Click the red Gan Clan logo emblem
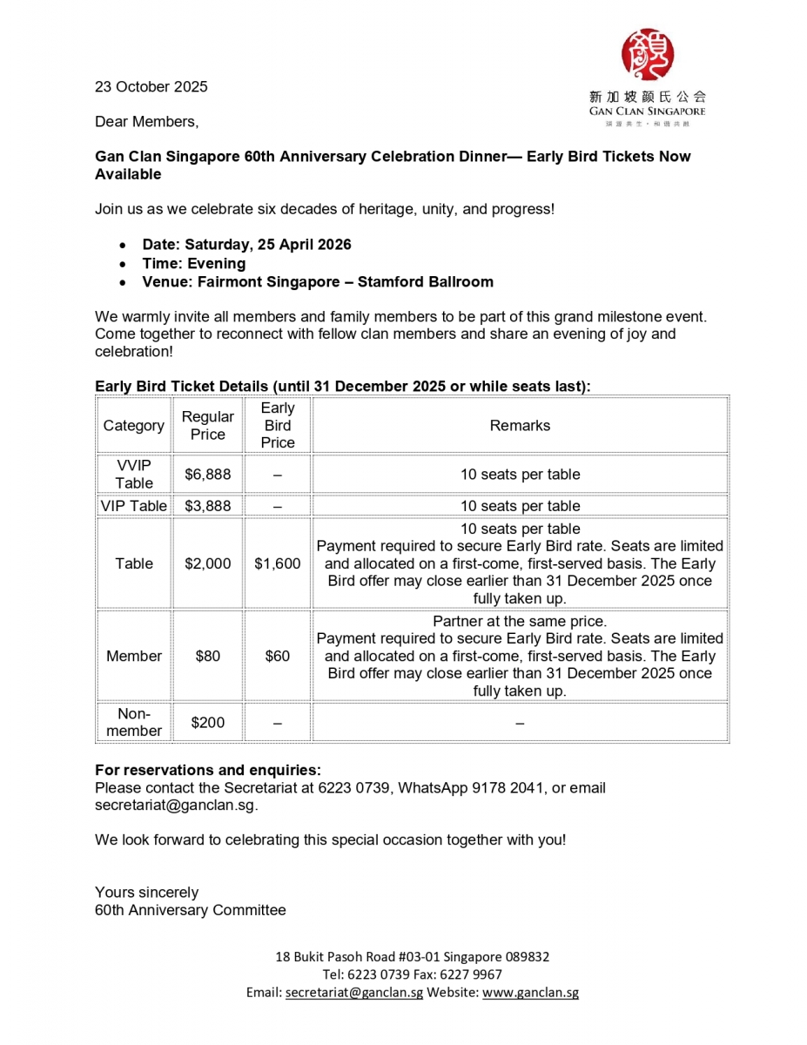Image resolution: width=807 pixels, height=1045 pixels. pos(647,55)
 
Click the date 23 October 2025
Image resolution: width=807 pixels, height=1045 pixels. pos(151,86)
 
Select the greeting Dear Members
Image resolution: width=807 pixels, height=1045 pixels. pos(146,122)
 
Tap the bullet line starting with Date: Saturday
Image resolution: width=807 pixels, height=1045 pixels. pos(246,245)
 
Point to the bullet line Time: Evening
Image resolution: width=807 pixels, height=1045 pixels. pos(193,264)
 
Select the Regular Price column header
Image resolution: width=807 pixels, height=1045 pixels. pos(207,426)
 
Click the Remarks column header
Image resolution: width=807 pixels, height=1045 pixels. pos(520,426)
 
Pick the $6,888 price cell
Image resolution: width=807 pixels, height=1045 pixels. pos(207,475)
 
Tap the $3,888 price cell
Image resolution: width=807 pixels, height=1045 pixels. pos(207,506)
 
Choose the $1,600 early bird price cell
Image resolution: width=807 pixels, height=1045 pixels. pos(277,563)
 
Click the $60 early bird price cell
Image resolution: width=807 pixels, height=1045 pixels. pos(277,656)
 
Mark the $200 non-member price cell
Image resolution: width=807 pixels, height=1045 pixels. pos(207,722)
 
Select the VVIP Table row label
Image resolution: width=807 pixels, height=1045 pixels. pos(134,475)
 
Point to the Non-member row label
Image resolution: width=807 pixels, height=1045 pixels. pos(134,722)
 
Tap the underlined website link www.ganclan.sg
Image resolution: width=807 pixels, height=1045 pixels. pos(530,992)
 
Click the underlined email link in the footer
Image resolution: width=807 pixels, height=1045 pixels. pos(353,992)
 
